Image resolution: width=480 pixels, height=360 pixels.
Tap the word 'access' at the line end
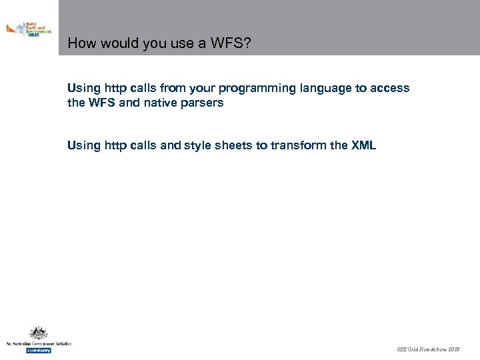(391, 89)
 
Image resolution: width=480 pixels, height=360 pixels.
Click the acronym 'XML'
(363, 145)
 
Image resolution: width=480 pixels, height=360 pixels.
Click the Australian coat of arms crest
(38, 333)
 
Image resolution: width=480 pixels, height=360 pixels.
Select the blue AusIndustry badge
(38, 350)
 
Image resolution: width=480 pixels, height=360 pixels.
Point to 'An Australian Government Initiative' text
(38, 343)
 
